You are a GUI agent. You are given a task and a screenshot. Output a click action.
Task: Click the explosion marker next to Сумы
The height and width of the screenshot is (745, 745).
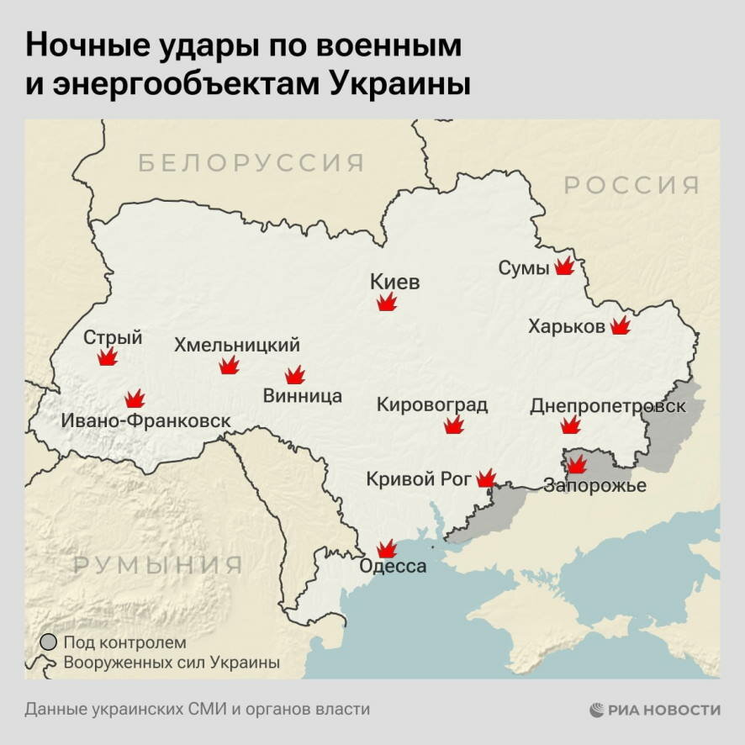[564, 267]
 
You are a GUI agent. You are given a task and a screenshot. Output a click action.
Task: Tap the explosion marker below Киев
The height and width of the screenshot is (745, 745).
[387, 302]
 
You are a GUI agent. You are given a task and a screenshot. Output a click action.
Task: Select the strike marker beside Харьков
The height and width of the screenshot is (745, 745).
[621, 325]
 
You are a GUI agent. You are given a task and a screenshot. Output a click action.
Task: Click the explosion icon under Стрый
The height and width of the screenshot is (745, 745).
[107, 357]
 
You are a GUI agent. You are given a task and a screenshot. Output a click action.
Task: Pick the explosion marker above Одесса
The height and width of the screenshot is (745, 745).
[387, 549]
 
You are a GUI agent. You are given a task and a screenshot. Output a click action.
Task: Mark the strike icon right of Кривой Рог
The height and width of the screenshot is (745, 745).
[486, 478]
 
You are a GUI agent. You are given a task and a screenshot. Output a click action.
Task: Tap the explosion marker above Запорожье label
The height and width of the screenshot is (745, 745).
[576, 464]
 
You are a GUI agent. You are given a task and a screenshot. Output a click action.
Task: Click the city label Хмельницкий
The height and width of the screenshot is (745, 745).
[236, 345]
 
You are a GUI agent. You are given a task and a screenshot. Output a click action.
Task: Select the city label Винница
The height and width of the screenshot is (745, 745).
[302, 396]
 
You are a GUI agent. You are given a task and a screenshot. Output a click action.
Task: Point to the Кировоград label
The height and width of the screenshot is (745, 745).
[431, 404]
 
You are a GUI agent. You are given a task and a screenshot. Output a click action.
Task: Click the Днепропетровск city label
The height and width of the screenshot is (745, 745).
[607, 406]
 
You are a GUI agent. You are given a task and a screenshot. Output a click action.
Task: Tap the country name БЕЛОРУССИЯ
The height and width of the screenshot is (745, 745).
[251, 162]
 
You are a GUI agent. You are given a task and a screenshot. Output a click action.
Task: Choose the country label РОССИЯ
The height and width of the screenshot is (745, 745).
[631, 185]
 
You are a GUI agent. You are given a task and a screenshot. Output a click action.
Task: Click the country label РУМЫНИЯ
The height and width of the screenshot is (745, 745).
[158, 564]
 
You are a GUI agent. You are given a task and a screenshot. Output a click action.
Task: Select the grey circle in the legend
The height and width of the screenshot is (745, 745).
[49, 642]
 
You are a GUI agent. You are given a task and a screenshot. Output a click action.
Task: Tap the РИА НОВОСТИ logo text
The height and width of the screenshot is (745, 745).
[665, 710]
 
